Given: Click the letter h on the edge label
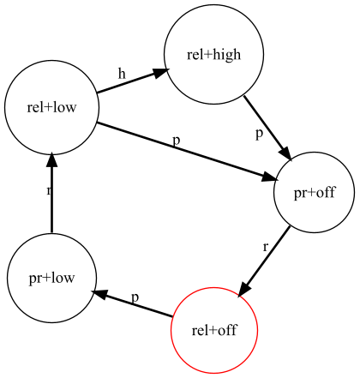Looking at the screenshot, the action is [x=122, y=74].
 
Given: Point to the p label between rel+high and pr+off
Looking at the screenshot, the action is [x=259, y=134].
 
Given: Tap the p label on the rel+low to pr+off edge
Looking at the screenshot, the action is [x=177, y=141].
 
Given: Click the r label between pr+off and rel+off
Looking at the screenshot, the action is [x=266, y=247].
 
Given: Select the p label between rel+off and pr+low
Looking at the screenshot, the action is [x=135, y=297].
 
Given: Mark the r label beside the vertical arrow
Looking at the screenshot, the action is [x=49, y=190].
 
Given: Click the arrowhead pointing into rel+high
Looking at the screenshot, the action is [x=159, y=73].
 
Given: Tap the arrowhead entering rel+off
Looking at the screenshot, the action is [x=244, y=289].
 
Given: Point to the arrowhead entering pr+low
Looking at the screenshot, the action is [x=99, y=293].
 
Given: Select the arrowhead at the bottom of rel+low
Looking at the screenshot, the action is [x=51, y=160].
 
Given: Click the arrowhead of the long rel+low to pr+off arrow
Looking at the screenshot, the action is [x=270, y=177].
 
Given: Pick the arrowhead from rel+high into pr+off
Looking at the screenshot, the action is [x=285, y=153].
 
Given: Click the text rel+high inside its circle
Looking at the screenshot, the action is [x=213, y=55].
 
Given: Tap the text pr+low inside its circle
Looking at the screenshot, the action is [x=51, y=278].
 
